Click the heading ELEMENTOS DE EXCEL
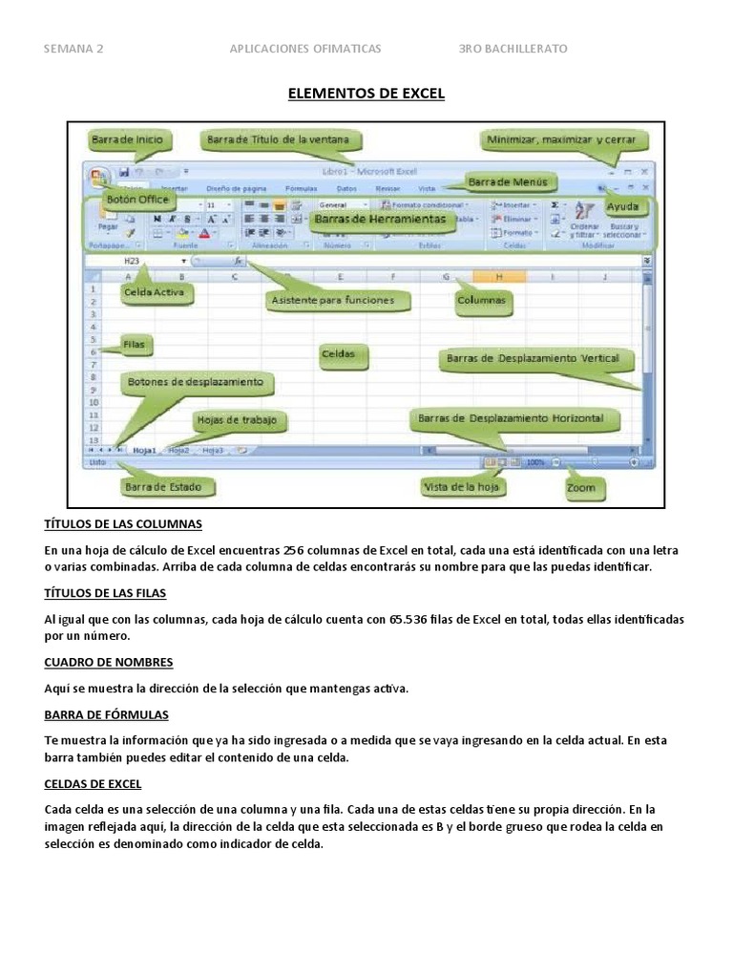pyautogui.click(x=366, y=94)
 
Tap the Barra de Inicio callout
pyautogui.click(x=128, y=139)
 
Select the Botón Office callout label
pyautogui.click(x=137, y=200)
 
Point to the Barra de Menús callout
pyautogui.click(x=506, y=181)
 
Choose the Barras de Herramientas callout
pyautogui.click(x=379, y=219)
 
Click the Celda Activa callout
pyautogui.click(x=153, y=292)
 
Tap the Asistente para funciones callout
pyautogui.click(x=326, y=300)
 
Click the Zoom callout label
pyautogui.click(x=580, y=487)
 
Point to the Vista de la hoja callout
pyautogui.click(x=463, y=487)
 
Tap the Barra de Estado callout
pyautogui.click(x=162, y=487)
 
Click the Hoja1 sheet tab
pyautogui.click(x=145, y=449)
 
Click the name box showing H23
pyautogui.click(x=133, y=260)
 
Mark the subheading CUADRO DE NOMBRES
pyautogui.click(x=109, y=661)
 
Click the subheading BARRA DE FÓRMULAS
pyautogui.click(x=107, y=714)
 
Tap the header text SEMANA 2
pyautogui.click(x=74, y=49)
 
